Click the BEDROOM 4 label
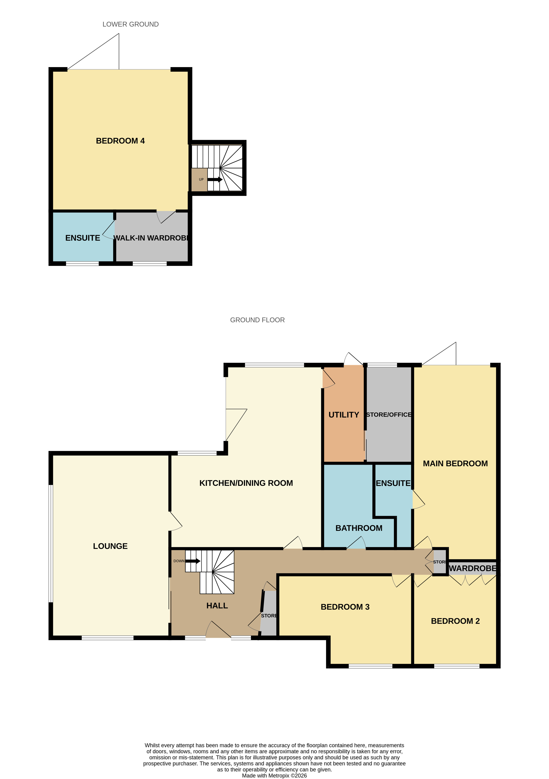pyautogui.click(x=120, y=141)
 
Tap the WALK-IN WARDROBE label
pyautogui.click(x=151, y=238)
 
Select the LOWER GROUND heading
pyautogui.click(x=131, y=24)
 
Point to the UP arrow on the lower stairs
pyautogui.click(x=215, y=179)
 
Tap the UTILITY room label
pyautogui.click(x=344, y=415)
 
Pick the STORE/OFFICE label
pyautogui.click(x=389, y=415)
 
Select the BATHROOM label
pyautogui.click(x=359, y=528)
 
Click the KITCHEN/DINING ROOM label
pyautogui.click(x=246, y=483)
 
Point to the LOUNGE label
pyautogui.click(x=110, y=546)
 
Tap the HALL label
pyautogui.click(x=217, y=606)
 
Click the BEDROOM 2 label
pyautogui.click(x=455, y=621)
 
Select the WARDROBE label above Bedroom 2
pyautogui.click(x=473, y=568)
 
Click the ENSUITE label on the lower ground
pyautogui.click(x=83, y=238)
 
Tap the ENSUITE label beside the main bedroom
pyautogui.click(x=393, y=483)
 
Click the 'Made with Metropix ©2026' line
pyautogui.click(x=274, y=775)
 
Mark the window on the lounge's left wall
pyautogui.click(x=51, y=543)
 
